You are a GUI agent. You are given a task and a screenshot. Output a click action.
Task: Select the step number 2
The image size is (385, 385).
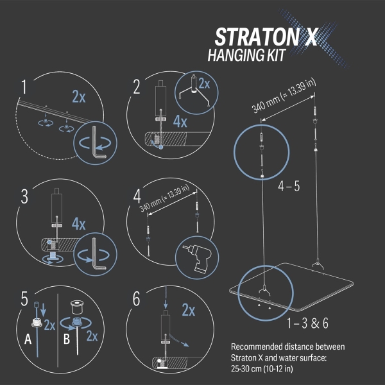[x=136, y=87]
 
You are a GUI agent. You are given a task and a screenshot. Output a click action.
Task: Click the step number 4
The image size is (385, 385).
[x=136, y=195]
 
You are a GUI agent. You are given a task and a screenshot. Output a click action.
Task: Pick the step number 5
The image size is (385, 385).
[x=24, y=299]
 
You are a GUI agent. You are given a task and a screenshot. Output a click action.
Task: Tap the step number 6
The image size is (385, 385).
[x=136, y=299]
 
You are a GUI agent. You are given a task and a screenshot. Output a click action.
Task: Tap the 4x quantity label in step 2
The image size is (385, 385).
[x=180, y=121]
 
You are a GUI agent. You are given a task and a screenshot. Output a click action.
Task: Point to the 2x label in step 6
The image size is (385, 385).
[x=188, y=311]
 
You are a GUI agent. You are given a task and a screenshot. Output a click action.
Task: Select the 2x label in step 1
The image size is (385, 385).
[x=79, y=97]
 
